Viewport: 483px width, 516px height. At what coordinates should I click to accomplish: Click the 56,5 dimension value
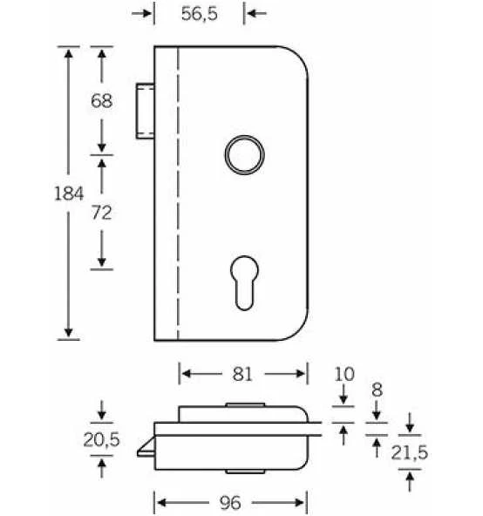pyautogui.click(x=199, y=14)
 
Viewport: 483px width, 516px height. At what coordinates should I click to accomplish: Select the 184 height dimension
pyautogui.click(x=69, y=193)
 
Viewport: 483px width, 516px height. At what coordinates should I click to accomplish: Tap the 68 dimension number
pyautogui.click(x=102, y=101)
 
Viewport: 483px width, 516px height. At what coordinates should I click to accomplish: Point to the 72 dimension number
pyautogui.click(x=102, y=213)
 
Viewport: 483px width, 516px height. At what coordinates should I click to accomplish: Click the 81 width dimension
pyautogui.click(x=242, y=374)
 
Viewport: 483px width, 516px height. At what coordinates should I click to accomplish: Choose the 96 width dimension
pyautogui.click(x=230, y=503)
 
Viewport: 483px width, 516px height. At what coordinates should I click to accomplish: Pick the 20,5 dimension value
pyautogui.click(x=101, y=439)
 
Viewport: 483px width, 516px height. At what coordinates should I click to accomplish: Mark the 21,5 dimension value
pyautogui.click(x=409, y=452)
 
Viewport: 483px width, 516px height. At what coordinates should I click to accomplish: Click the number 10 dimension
pyautogui.click(x=344, y=374)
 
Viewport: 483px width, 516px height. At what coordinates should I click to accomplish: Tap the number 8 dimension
pyautogui.click(x=377, y=390)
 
